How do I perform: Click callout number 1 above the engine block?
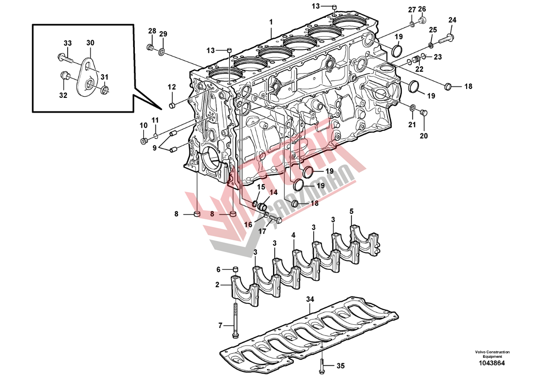click(x=271, y=21)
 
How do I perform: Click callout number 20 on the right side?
click(x=423, y=136)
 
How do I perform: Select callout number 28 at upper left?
click(x=152, y=31)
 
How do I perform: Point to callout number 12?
click(x=172, y=87)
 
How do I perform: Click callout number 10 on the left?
click(x=143, y=125)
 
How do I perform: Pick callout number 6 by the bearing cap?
click(x=218, y=269)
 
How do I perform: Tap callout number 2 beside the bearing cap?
click(x=217, y=284)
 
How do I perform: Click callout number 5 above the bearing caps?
click(x=351, y=211)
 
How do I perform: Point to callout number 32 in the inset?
click(x=63, y=96)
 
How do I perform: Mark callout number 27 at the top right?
click(x=412, y=10)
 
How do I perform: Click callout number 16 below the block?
click(x=248, y=224)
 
